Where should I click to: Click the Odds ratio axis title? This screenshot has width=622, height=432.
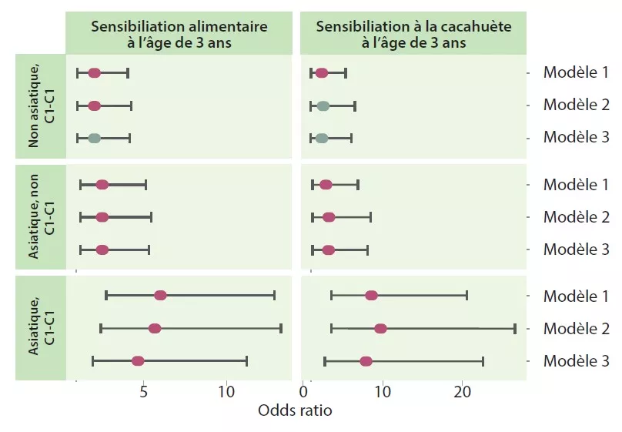(x=295, y=410)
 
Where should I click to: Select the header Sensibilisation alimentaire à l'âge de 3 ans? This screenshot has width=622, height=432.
(x=179, y=34)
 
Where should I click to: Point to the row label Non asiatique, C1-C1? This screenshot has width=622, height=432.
(x=41, y=106)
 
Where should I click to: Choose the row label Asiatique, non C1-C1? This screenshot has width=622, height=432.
(x=41, y=217)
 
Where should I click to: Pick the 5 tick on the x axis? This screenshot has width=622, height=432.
(x=144, y=391)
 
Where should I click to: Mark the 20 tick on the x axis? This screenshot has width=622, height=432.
(x=462, y=391)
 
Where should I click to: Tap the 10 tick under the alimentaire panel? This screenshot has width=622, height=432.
(x=226, y=391)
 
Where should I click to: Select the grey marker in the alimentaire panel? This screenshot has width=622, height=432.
(x=94, y=139)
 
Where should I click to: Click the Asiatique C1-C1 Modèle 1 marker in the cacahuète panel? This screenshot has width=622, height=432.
(x=371, y=295)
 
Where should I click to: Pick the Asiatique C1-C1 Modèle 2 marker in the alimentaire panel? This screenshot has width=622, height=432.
(x=155, y=328)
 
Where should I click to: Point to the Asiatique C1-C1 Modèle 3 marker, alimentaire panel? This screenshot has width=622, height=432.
(x=138, y=361)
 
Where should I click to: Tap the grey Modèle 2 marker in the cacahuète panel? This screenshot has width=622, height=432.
(x=323, y=106)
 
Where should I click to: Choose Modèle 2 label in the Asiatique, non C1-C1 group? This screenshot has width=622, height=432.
(x=576, y=216)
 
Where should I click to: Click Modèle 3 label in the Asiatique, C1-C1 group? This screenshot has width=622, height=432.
(x=576, y=360)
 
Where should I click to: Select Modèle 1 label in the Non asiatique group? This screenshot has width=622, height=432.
(x=576, y=72)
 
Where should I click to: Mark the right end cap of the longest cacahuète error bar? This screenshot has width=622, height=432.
(x=514, y=329)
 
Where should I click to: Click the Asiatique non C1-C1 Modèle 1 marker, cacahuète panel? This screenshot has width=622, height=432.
(x=326, y=185)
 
